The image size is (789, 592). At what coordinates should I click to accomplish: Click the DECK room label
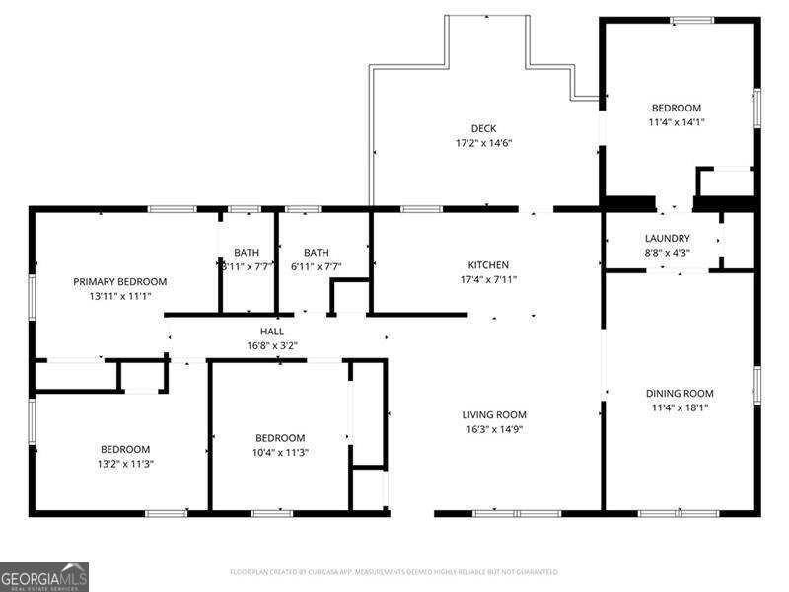pyautogui.click(x=483, y=128)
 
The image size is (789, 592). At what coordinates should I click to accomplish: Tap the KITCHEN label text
pyautogui.click(x=488, y=265)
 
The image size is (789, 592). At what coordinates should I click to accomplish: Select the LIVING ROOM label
pyautogui.click(x=495, y=415)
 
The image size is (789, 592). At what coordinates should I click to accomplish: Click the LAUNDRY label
pyautogui.click(x=668, y=239)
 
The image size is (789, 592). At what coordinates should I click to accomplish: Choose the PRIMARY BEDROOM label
pyautogui.click(x=120, y=281)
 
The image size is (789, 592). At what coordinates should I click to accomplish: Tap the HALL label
pyautogui.click(x=272, y=332)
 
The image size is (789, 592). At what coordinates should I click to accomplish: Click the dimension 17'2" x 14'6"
pyautogui.click(x=483, y=143)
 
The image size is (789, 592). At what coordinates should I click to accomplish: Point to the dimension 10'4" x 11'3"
pyautogui.click(x=280, y=453)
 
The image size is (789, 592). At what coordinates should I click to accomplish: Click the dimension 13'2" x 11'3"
pyautogui.click(x=123, y=464)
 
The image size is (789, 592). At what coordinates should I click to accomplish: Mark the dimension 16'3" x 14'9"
pyautogui.click(x=495, y=430)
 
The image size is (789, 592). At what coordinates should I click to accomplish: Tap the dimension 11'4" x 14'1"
pyautogui.click(x=677, y=122)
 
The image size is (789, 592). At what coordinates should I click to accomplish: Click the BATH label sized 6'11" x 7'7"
pyautogui.click(x=317, y=252)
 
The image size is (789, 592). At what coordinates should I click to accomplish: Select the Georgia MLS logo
pyautogui.click(x=44, y=576)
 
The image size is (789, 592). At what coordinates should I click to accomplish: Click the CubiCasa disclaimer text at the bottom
pyautogui.click(x=394, y=572)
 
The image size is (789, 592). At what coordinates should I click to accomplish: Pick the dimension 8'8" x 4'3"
pyautogui.click(x=668, y=253)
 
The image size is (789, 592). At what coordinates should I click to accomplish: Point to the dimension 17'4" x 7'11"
pyautogui.click(x=488, y=279)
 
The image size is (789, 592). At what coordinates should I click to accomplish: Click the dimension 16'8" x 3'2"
pyautogui.click(x=272, y=345)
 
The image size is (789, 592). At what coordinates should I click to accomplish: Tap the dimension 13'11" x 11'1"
pyautogui.click(x=120, y=296)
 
